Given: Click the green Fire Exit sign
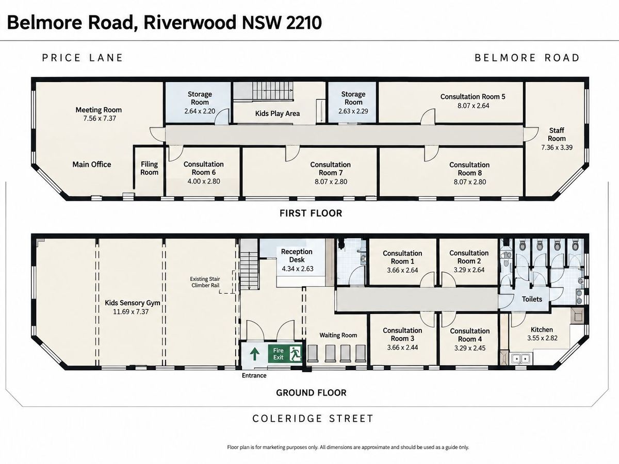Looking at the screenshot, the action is [x=285, y=354].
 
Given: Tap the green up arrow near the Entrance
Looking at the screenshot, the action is [x=254, y=354].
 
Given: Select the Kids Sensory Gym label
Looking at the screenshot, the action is [x=132, y=303].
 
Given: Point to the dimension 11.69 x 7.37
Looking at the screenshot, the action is [x=131, y=311].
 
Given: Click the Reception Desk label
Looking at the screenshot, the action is [x=297, y=256].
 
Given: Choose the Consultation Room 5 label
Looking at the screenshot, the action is [x=473, y=96].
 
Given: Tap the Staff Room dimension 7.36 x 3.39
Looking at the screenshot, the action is [x=557, y=147].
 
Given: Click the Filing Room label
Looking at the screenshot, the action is [x=149, y=168].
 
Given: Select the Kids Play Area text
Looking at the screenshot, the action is [x=278, y=113].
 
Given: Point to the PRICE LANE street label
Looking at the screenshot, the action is [x=83, y=58].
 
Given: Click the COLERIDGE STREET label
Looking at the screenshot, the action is [x=313, y=418].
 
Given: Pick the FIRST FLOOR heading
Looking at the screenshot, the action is [x=311, y=213].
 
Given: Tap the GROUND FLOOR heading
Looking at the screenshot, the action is [x=311, y=392].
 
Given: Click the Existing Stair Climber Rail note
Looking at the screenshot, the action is [x=205, y=282].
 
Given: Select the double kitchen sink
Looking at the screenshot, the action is [x=520, y=359].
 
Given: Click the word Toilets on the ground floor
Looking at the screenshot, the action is [x=532, y=299].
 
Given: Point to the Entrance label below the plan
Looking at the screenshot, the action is [x=254, y=375].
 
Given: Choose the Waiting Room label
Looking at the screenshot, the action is [x=338, y=335].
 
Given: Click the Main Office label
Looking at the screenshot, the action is [x=92, y=164].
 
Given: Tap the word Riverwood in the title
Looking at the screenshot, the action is [x=190, y=23].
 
